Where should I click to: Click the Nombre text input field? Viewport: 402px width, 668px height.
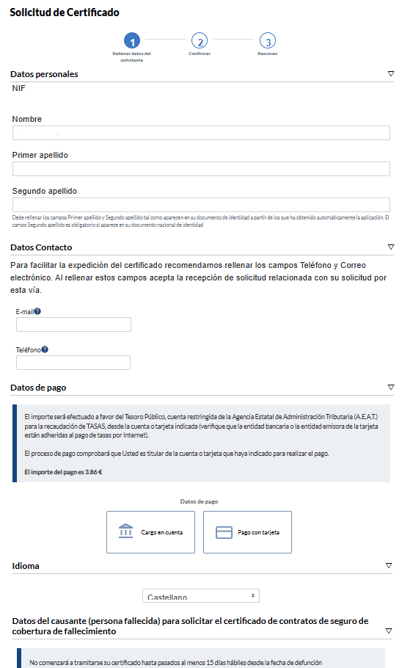tap(201, 133)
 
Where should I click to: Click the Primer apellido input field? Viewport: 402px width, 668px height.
tap(201, 169)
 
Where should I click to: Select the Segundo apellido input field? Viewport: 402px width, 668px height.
tap(201, 205)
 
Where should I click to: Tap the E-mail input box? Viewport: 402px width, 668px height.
tap(73, 324)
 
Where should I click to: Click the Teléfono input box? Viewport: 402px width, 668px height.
tap(73, 363)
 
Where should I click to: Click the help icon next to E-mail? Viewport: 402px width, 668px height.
tap(37, 311)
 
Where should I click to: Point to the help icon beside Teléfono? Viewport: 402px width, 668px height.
tap(45, 349)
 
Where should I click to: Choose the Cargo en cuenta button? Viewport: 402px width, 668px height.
tap(150, 532)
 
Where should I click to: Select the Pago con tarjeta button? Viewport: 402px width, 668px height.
tap(247, 532)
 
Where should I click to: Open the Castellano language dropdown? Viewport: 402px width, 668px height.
tap(201, 596)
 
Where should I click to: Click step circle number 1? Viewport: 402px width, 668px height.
tap(131, 41)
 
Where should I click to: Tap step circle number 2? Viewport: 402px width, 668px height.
tap(200, 41)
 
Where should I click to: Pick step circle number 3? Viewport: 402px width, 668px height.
tap(268, 41)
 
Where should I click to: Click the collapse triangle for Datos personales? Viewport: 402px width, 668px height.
tap(390, 74)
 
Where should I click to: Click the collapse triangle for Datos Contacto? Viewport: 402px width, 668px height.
tap(390, 247)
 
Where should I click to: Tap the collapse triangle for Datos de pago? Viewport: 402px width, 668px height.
tap(390, 387)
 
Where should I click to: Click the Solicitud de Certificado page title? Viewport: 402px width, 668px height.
tap(65, 12)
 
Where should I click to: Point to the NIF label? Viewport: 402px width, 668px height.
tap(20, 89)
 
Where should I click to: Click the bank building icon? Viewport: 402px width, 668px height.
tap(126, 531)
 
